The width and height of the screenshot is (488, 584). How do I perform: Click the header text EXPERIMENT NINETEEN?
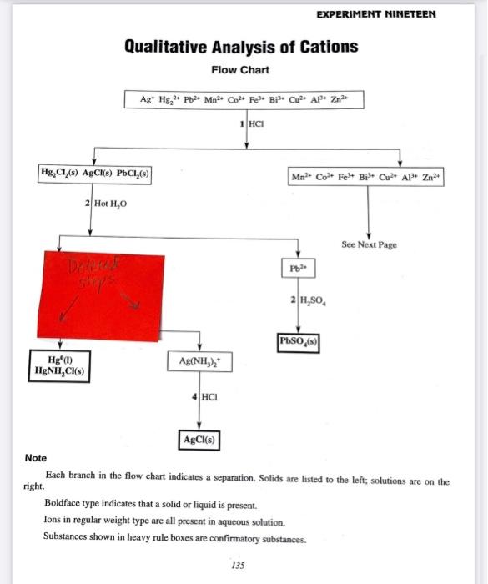point(377,15)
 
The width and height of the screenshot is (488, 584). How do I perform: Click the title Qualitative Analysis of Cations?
point(241,46)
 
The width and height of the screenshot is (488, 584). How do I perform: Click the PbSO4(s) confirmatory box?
point(299,341)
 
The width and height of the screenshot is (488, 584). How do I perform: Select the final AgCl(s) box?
point(199,439)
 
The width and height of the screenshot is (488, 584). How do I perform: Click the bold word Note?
point(36,458)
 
